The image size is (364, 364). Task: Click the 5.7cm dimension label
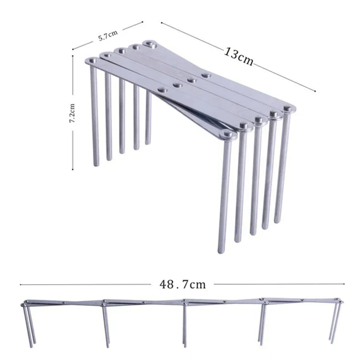(108, 36)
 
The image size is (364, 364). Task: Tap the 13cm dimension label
(238, 56)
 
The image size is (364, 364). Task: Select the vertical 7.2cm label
(72, 113)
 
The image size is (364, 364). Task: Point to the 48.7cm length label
(183, 284)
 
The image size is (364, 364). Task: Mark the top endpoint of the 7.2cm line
(73, 56)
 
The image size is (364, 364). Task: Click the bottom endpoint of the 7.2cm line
(73, 169)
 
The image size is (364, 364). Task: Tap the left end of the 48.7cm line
(20, 284)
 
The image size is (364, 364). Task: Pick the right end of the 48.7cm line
(344, 283)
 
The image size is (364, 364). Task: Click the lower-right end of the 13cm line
(315, 91)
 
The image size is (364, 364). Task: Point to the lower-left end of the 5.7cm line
(73, 49)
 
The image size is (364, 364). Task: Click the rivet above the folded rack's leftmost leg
(92, 61)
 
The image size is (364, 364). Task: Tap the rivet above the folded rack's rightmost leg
(288, 108)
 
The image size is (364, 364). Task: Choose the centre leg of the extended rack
(185, 324)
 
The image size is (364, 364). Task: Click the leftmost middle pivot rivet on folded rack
(163, 90)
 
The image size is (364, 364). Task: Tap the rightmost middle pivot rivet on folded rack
(206, 76)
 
